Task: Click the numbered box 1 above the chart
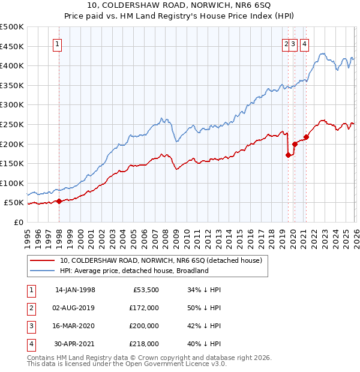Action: click(x=58, y=43)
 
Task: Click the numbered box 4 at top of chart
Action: click(x=305, y=43)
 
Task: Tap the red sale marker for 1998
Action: click(x=59, y=202)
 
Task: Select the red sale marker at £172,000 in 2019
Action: click(x=288, y=155)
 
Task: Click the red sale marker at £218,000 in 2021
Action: click(x=306, y=137)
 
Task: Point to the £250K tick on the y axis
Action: click(x=13, y=124)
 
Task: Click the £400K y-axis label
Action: click(x=13, y=66)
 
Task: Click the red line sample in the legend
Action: click(x=43, y=261)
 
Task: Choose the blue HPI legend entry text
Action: click(x=134, y=271)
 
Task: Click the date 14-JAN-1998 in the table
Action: click(x=75, y=290)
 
